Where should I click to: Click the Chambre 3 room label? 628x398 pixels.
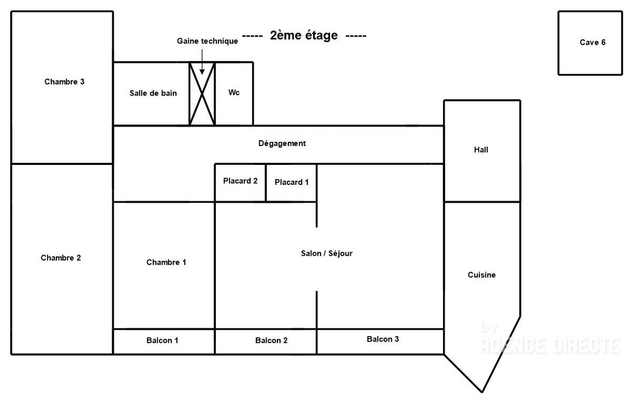click(64, 81)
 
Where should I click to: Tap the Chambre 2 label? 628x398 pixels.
click(60, 258)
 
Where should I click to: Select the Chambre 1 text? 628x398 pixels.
click(166, 262)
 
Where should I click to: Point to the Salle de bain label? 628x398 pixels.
click(153, 93)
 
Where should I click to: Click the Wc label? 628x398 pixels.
click(234, 92)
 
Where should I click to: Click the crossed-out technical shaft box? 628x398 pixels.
click(202, 94)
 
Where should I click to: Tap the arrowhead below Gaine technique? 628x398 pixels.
click(202, 72)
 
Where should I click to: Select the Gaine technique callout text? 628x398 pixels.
click(207, 41)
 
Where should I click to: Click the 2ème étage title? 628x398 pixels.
click(304, 35)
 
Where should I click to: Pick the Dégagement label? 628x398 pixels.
click(282, 143)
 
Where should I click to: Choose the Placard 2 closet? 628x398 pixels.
click(240, 183)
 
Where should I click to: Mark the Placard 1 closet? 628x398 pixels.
click(291, 183)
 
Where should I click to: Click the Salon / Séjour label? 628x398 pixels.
click(327, 253)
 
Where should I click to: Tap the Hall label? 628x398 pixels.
click(481, 150)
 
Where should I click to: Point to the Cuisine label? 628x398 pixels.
click(482, 275)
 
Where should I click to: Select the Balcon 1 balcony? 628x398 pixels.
click(164, 342)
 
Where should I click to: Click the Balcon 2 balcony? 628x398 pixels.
click(266, 342)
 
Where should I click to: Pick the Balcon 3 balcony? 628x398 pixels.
click(380, 342)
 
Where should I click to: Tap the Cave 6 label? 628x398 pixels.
click(593, 43)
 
